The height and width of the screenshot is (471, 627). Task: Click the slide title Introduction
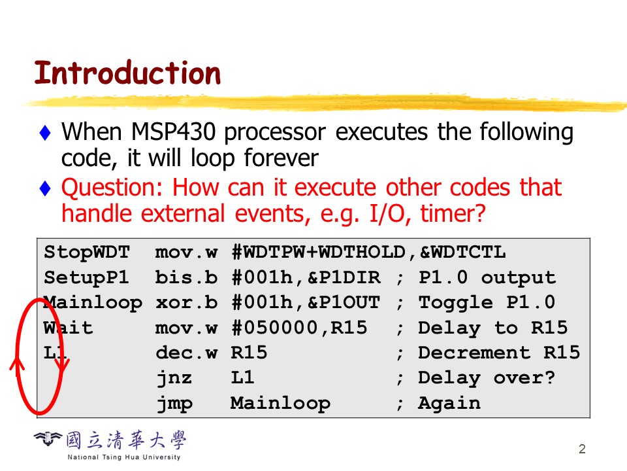tap(127, 73)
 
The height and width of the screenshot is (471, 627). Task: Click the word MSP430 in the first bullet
tap(174, 131)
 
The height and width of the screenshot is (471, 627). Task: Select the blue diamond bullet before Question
tap(45, 188)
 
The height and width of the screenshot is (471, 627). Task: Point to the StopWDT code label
tap(87, 253)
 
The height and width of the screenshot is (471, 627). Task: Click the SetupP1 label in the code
tap(86, 277)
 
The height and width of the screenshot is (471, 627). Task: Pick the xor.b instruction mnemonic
tap(186, 302)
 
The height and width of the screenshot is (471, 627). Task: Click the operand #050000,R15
tap(300, 328)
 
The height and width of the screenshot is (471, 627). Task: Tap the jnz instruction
tap(174, 377)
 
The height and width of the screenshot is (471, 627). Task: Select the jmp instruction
tap(174, 404)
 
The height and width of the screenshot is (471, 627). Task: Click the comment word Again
tap(449, 404)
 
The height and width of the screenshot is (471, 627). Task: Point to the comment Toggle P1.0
tap(487, 302)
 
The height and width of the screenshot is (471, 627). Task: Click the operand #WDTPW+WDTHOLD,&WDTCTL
tap(368, 253)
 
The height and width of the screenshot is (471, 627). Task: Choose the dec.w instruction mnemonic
tap(186, 353)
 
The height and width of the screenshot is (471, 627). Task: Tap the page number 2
tap(582, 449)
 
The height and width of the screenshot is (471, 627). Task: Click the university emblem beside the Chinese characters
tap(48, 439)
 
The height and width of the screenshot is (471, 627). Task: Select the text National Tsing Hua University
tap(124, 457)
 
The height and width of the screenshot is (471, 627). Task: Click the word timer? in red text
tap(453, 213)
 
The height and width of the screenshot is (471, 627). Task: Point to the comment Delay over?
tap(487, 378)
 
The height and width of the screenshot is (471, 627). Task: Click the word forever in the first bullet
tap(281, 158)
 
